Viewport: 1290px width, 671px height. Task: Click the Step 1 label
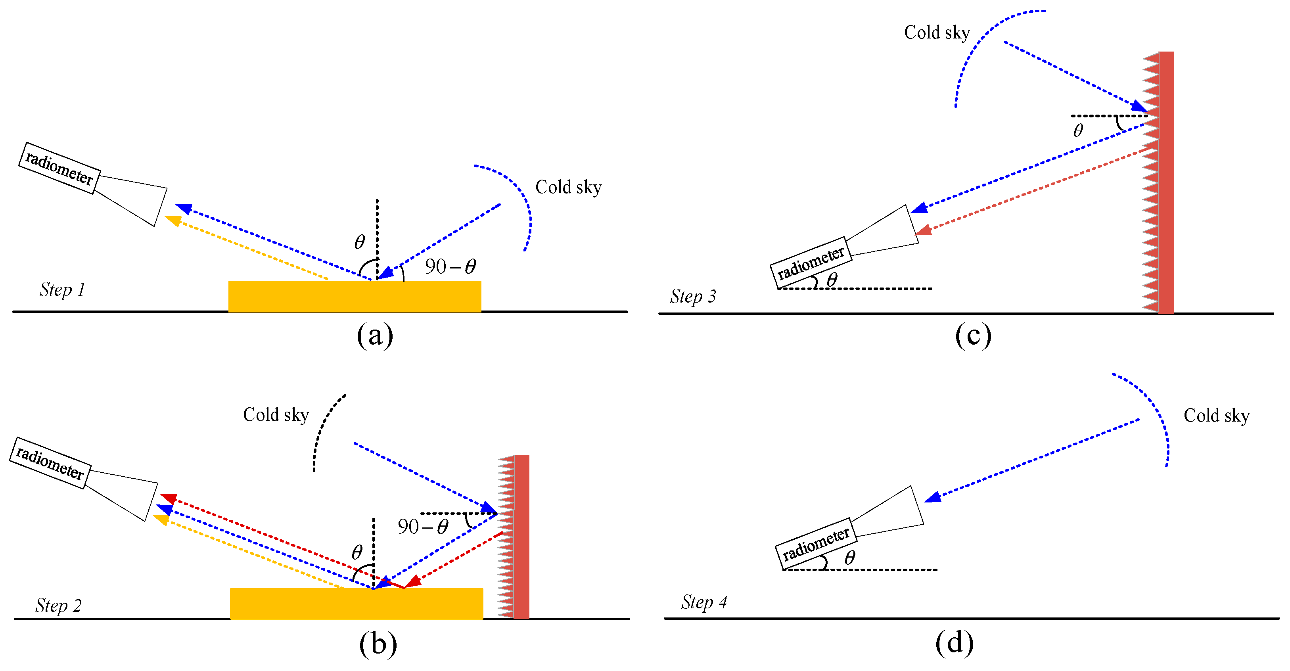[62, 290]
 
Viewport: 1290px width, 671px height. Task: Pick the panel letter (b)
[378, 644]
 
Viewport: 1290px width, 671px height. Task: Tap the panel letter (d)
[954, 643]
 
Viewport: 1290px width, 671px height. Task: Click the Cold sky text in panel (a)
[568, 187]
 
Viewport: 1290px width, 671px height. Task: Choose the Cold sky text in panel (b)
[276, 415]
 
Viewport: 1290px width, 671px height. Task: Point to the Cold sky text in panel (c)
[937, 33]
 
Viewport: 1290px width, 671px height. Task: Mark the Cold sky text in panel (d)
[1216, 416]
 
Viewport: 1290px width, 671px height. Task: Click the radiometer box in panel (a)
[59, 168]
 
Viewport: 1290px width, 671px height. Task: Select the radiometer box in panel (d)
[816, 543]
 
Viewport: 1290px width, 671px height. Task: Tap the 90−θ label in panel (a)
[450, 266]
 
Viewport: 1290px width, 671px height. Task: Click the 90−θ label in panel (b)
[423, 527]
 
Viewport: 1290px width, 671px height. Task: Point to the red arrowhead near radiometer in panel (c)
[923, 230]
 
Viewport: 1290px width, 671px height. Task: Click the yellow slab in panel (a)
[355, 297]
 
